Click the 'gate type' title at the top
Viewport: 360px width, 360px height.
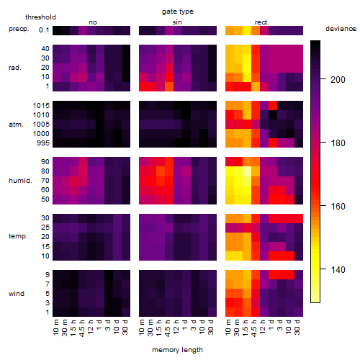coord(178,12)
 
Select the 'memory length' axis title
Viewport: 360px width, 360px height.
coord(177,350)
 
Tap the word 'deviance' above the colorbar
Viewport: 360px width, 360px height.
coord(341,29)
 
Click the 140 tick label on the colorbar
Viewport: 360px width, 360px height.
coord(338,270)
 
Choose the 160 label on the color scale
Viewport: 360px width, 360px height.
coord(338,207)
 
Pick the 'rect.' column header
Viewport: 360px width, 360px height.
coord(262,22)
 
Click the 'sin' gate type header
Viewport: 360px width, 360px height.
coord(177,22)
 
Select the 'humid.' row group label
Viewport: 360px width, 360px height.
coord(20,181)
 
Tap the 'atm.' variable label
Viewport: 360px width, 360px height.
coord(16,125)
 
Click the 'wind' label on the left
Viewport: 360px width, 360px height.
coord(17,294)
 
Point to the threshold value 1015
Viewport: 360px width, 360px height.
coord(41,106)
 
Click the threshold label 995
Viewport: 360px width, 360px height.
coord(43,143)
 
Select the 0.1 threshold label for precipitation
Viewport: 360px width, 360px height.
coord(44,30)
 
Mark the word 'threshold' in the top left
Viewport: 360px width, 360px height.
coord(40,17)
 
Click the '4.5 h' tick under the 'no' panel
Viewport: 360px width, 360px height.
coord(82,328)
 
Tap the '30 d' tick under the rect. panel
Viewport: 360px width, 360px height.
coord(297,328)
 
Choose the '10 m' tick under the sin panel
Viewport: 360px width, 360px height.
coord(142,328)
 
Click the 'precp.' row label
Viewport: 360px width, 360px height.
coord(19,29)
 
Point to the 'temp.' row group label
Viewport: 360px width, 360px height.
coord(18,236)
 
